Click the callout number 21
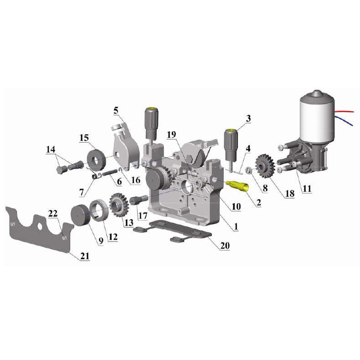pos(85,256)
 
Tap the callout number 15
pos(84,138)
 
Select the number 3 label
pos(248,118)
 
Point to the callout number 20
pos(225,246)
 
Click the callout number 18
pos(290,194)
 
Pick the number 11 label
pos(307,189)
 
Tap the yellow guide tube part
pos(237,186)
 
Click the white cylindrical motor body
pos(316,119)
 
